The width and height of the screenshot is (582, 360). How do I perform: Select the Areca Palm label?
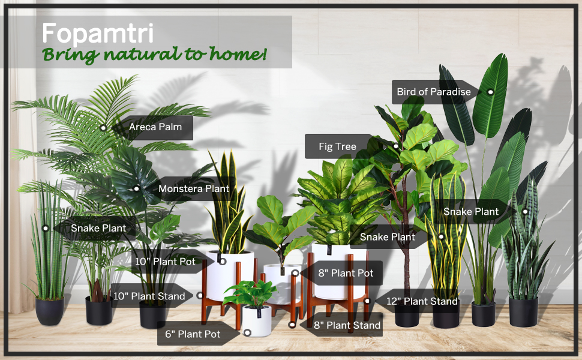(155, 127)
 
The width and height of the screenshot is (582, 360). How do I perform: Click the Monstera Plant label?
(193, 188)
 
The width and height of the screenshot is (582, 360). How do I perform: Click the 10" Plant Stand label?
(149, 296)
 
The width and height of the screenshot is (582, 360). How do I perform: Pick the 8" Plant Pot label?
(345, 273)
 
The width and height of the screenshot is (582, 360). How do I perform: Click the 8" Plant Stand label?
(347, 325)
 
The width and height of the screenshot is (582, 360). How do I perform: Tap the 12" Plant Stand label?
(422, 301)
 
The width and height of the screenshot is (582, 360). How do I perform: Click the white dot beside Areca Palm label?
(103, 127)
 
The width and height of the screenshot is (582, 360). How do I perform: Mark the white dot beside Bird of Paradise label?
(490, 92)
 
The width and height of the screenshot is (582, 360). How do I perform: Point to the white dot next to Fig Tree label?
(396, 146)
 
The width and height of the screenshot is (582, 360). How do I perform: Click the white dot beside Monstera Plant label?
(136, 188)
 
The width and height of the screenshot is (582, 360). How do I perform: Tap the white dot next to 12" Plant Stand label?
(367, 301)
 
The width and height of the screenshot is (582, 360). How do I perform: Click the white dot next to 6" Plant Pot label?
(247, 333)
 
